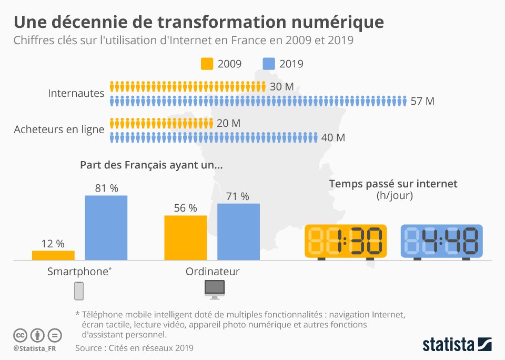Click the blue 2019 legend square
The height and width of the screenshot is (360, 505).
(x=269, y=64)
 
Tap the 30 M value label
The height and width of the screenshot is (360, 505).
(x=281, y=87)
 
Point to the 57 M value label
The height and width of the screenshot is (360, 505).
(x=422, y=101)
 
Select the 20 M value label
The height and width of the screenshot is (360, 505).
(x=228, y=123)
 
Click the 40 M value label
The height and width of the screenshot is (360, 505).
(x=333, y=138)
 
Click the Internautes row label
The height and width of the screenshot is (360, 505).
(x=76, y=93)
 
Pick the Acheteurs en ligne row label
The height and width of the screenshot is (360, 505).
(x=59, y=129)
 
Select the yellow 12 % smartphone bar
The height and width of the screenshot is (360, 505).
(x=53, y=255)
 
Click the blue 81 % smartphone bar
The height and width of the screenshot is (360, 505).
(x=106, y=227)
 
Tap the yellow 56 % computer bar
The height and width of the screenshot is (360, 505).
(x=186, y=237)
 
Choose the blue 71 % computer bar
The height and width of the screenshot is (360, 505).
(x=238, y=232)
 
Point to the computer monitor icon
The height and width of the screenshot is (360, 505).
(x=214, y=288)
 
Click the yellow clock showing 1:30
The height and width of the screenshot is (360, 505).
(x=346, y=241)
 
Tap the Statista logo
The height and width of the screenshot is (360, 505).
(x=457, y=345)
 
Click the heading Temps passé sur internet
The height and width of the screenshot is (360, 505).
(x=393, y=184)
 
